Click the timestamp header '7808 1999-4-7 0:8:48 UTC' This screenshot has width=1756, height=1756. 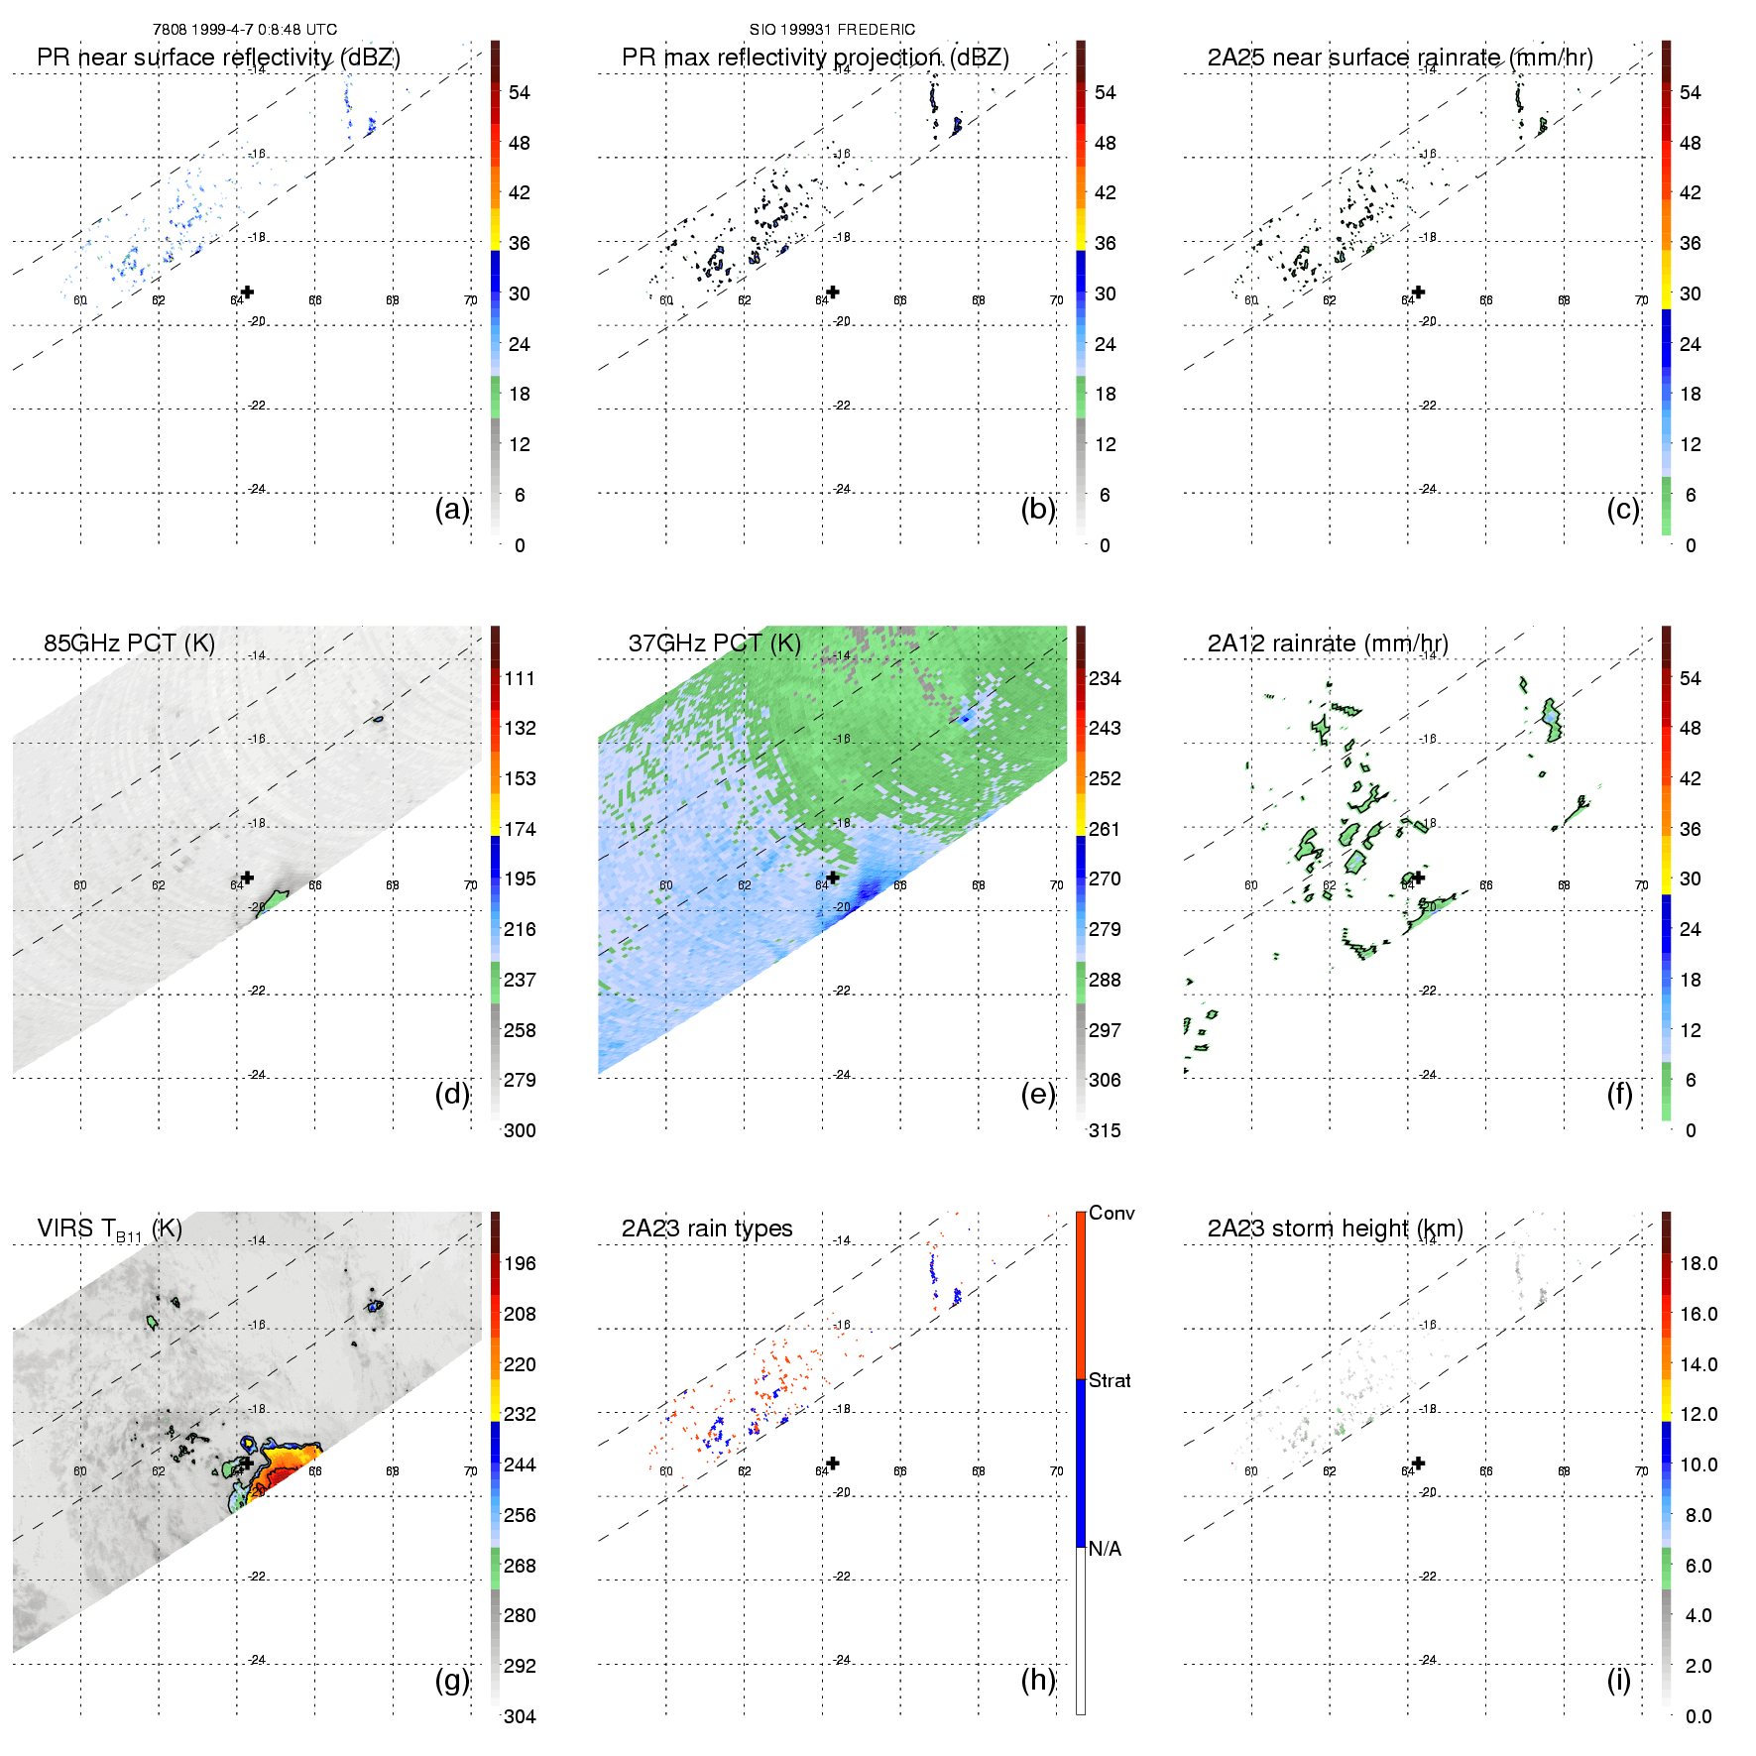245,30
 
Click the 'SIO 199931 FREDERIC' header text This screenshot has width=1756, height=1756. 832,30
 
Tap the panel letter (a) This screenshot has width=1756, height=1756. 452,509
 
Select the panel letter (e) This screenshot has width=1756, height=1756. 1038,1094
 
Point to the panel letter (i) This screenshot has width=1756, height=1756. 1618,1680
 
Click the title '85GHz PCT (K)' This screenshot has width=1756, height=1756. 129,644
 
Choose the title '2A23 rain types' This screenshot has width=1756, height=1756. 707,1229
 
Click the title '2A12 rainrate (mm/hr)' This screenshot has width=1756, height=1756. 1328,644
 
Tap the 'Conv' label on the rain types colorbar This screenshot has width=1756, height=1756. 1112,1213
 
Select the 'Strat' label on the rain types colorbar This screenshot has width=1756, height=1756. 1110,1380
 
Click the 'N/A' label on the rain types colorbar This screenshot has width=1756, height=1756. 1105,1549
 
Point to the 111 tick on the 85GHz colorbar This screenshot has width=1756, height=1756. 520,679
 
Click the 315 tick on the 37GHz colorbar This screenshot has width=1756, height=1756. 1105,1130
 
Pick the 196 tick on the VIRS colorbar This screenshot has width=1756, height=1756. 520,1264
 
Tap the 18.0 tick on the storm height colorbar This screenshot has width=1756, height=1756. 1698,1264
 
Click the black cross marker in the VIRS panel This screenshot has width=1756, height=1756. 247,1463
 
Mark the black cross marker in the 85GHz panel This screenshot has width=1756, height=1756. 247,878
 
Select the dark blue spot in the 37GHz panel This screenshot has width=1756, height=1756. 870,889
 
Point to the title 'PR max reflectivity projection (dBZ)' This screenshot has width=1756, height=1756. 815,58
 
